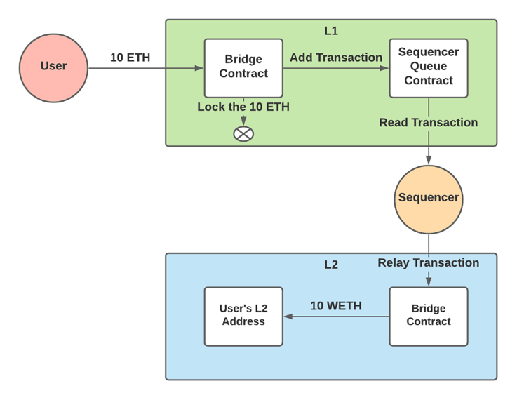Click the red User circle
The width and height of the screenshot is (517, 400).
[x=53, y=67]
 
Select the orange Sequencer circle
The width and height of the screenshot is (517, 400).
[x=428, y=199]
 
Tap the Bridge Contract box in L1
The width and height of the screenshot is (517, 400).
[x=243, y=67]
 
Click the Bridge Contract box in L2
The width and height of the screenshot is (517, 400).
[x=428, y=316]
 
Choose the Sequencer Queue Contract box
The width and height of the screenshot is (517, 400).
[x=428, y=67]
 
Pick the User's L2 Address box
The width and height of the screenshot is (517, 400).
[x=243, y=316]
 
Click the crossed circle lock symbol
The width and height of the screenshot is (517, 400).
[x=243, y=133]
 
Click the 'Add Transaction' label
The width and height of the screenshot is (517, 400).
[x=335, y=58]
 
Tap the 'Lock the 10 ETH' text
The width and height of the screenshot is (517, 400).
[x=243, y=107]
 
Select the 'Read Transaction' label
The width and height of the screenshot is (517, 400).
[x=428, y=123]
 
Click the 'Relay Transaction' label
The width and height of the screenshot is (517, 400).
[x=428, y=263]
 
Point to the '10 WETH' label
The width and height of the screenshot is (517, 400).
[x=336, y=306]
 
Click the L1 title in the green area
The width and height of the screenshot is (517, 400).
[x=331, y=31]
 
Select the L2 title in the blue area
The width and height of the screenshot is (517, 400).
[x=331, y=265]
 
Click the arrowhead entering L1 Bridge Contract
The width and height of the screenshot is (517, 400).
[x=199, y=68]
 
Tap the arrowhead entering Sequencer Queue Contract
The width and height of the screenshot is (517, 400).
[x=384, y=68]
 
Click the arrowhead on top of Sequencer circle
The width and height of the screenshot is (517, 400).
[x=428, y=160]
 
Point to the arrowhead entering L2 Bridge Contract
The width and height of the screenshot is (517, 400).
[x=428, y=282]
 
